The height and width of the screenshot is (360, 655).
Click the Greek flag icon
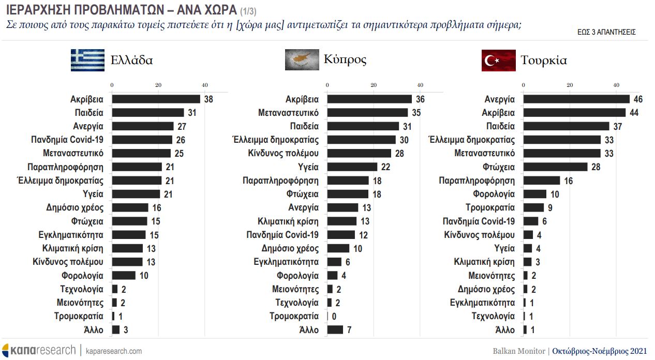tap(88, 60)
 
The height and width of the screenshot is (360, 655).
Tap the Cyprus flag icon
tap(302, 59)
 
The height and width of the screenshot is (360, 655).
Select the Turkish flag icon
tap(498, 60)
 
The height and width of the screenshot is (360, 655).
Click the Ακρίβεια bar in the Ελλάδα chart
tap(156, 99)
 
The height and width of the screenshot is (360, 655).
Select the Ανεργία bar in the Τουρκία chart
tap(576, 99)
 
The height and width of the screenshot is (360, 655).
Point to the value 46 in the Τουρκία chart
tap(638, 99)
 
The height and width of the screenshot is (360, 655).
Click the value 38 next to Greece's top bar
tap(209, 99)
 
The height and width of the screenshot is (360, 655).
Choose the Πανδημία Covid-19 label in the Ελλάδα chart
tap(67, 140)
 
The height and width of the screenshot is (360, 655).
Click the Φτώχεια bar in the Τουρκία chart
tap(556, 167)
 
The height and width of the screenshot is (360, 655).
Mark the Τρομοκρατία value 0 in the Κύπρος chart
tap(334, 316)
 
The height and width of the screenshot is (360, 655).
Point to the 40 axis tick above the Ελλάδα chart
tap(205, 85)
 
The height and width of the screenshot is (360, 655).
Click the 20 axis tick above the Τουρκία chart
tap(570, 85)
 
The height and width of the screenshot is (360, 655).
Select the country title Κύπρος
tap(345, 59)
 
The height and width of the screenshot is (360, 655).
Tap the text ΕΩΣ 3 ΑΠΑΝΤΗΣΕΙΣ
tap(606, 32)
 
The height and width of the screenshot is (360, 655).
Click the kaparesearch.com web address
tap(113, 351)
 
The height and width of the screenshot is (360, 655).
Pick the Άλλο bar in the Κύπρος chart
tap(335, 329)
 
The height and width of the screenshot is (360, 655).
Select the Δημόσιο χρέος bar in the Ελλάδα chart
tap(130, 207)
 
